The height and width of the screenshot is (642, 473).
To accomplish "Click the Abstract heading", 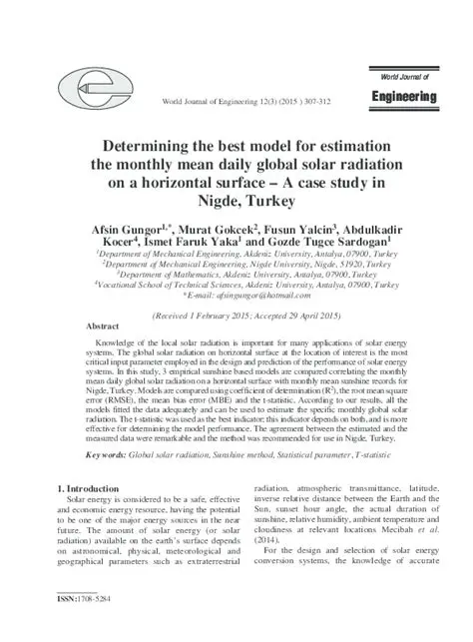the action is click(x=104, y=327).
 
